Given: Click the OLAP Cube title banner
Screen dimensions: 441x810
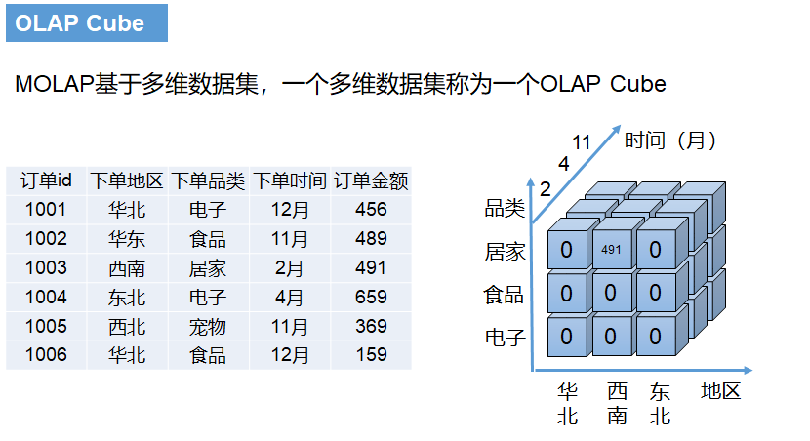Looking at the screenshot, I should pos(86,23).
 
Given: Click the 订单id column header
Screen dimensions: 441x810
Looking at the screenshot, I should pos(46,180).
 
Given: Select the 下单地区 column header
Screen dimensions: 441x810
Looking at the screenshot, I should pos(127,180).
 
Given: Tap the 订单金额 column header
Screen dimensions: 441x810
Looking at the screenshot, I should pos(371,180).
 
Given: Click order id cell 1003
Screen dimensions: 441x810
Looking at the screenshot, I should pos(46,267).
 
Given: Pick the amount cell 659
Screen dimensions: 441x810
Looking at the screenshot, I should pos(371,297).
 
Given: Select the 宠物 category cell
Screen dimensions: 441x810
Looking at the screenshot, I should pos(208,326).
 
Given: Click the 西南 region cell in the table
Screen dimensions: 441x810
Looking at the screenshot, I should pos(127,267).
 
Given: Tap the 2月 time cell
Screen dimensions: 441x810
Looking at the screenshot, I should pos(289,267).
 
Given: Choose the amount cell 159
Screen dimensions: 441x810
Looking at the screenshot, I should pos(371,355).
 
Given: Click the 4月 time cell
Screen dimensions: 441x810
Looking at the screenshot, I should pos(289,297).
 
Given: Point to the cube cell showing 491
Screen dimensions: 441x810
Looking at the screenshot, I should pos(611,250).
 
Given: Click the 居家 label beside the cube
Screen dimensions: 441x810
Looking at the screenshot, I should pos(506,253).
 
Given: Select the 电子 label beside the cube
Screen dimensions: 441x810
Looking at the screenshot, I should pos(506,339).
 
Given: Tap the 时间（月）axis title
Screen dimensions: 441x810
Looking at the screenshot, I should pos(671,140).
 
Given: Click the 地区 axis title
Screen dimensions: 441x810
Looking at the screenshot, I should pos(721,392).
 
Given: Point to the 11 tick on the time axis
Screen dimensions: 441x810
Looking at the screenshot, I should pos(582,142).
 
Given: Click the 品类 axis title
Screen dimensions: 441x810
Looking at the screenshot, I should pos(506,208).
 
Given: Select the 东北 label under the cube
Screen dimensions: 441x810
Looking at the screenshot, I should pos(661,404).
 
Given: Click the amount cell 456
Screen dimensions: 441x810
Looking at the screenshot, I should pos(371,209).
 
